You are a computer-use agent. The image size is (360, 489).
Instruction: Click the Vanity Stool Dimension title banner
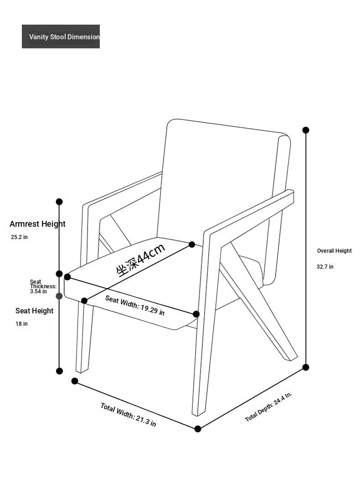pyautogui.click(x=61, y=36)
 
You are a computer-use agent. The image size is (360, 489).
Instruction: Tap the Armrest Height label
pyautogui.click(x=37, y=224)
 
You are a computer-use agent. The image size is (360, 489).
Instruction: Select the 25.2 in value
pyautogui.click(x=19, y=237)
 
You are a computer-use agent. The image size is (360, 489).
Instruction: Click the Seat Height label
pyautogui.click(x=34, y=311)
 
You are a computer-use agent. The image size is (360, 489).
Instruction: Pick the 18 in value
pyautogui.click(x=21, y=324)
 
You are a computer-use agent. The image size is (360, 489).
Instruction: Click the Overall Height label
pyautogui.click(x=334, y=251)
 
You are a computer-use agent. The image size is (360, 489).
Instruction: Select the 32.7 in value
pyautogui.click(x=325, y=267)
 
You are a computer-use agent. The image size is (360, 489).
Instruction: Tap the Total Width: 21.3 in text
pyautogui.click(x=128, y=415)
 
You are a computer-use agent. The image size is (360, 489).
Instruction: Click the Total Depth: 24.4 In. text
pyautogui.click(x=268, y=407)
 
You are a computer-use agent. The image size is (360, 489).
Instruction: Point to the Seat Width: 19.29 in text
pyautogui.click(x=135, y=305)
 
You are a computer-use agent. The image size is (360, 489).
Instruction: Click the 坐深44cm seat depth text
pyautogui.click(x=141, y=260)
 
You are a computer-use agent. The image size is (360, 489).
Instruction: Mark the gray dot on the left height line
pyautogui.click(x=59, y=296)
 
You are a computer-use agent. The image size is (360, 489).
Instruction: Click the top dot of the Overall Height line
pyautogui.click(x=306, y=130)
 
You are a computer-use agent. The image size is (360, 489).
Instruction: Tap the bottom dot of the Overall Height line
pyautogui.click(x=306, y=367)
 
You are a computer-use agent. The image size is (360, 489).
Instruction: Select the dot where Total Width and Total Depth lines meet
pyautogui.click(x=198, y=429)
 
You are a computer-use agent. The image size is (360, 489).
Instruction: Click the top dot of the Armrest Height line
pyautogui.click(x=59, y=202)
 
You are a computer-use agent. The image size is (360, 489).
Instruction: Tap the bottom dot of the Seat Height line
pyautogui.click(x=59, y=371)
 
